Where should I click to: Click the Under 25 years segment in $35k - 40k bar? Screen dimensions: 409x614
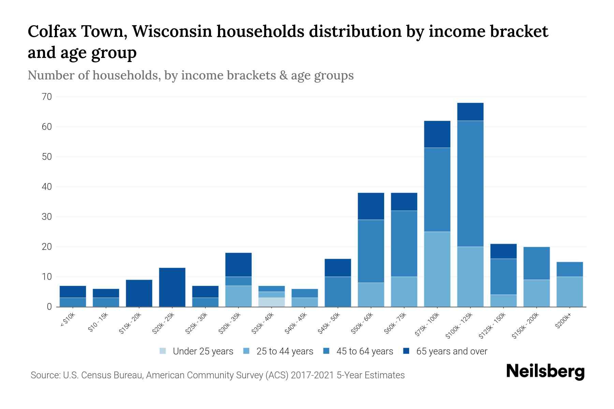click(272, 302)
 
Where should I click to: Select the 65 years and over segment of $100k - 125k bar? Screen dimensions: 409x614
click(470, 112)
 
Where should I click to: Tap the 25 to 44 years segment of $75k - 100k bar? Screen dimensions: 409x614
click(437, 269)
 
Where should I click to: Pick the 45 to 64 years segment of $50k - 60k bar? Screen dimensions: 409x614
click(371, 251)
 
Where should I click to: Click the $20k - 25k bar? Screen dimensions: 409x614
click(172, 287)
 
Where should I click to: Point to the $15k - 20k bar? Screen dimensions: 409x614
click(139, 293)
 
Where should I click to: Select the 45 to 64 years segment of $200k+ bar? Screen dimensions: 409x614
click(569, 269)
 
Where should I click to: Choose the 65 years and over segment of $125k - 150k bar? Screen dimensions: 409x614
click(503, 251)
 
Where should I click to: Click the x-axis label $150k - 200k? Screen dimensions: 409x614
click(525, 326)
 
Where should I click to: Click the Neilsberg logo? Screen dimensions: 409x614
click(545, 372)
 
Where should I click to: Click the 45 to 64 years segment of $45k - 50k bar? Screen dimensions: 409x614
click(338, 291)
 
